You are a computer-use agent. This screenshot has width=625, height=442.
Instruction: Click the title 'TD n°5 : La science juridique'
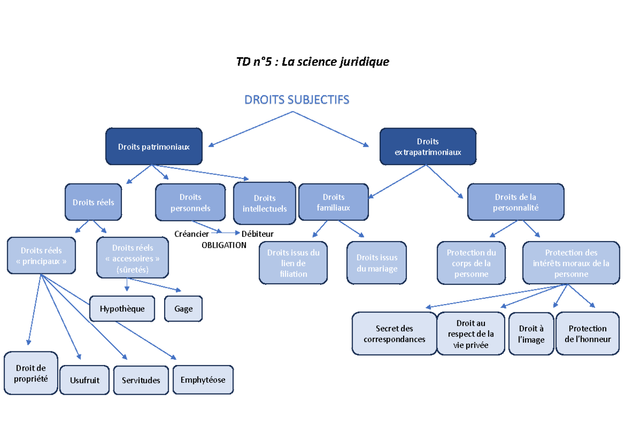pyautogui.click(x=312, y=62)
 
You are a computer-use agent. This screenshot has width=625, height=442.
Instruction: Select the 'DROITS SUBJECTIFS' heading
pyautogui.click(x=297, y=99)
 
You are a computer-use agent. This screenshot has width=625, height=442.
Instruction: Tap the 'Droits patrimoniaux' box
pyautogui.click(x=154, y=146)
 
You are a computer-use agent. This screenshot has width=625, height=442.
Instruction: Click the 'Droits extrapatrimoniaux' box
pyautogui.click(x=427, y=147)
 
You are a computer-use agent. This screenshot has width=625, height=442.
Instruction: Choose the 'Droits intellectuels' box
pyautogui.click(x=265, y=203)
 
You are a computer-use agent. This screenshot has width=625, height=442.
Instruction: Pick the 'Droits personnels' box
pyautogui.click(x=190, y=203)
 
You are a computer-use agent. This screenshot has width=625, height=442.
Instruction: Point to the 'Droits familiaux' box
pyautogui.click(x=333, y=203)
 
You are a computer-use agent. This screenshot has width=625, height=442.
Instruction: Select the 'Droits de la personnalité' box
pyautogui.click(x=516, y=203)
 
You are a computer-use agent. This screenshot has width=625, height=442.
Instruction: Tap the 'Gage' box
pyautogui.click(x=183, y=309)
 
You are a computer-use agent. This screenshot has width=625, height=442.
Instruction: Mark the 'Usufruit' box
pyautogui.click(x=84, y=380)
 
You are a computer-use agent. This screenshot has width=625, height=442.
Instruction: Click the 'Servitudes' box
pyautogui.click(x=141, y=380)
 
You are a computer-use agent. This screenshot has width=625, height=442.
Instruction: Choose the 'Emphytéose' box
pyautogui.click(x=203, y=380)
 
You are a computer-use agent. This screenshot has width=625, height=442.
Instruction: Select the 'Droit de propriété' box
pyautogui.click(x=31, y=373)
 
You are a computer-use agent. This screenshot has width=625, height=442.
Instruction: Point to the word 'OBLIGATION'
pyautogui.click(x=224, y=245)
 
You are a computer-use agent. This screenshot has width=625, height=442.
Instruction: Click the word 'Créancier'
pyautogui.click(x=192, y=234)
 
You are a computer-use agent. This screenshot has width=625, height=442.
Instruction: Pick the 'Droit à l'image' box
pyautogui.click(x=531, y=334)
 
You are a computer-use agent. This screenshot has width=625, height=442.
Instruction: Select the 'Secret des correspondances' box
pyautogui.click(x=394, y=334)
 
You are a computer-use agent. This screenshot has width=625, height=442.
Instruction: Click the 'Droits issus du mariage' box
pyautogui.click(x=377, y=263)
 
